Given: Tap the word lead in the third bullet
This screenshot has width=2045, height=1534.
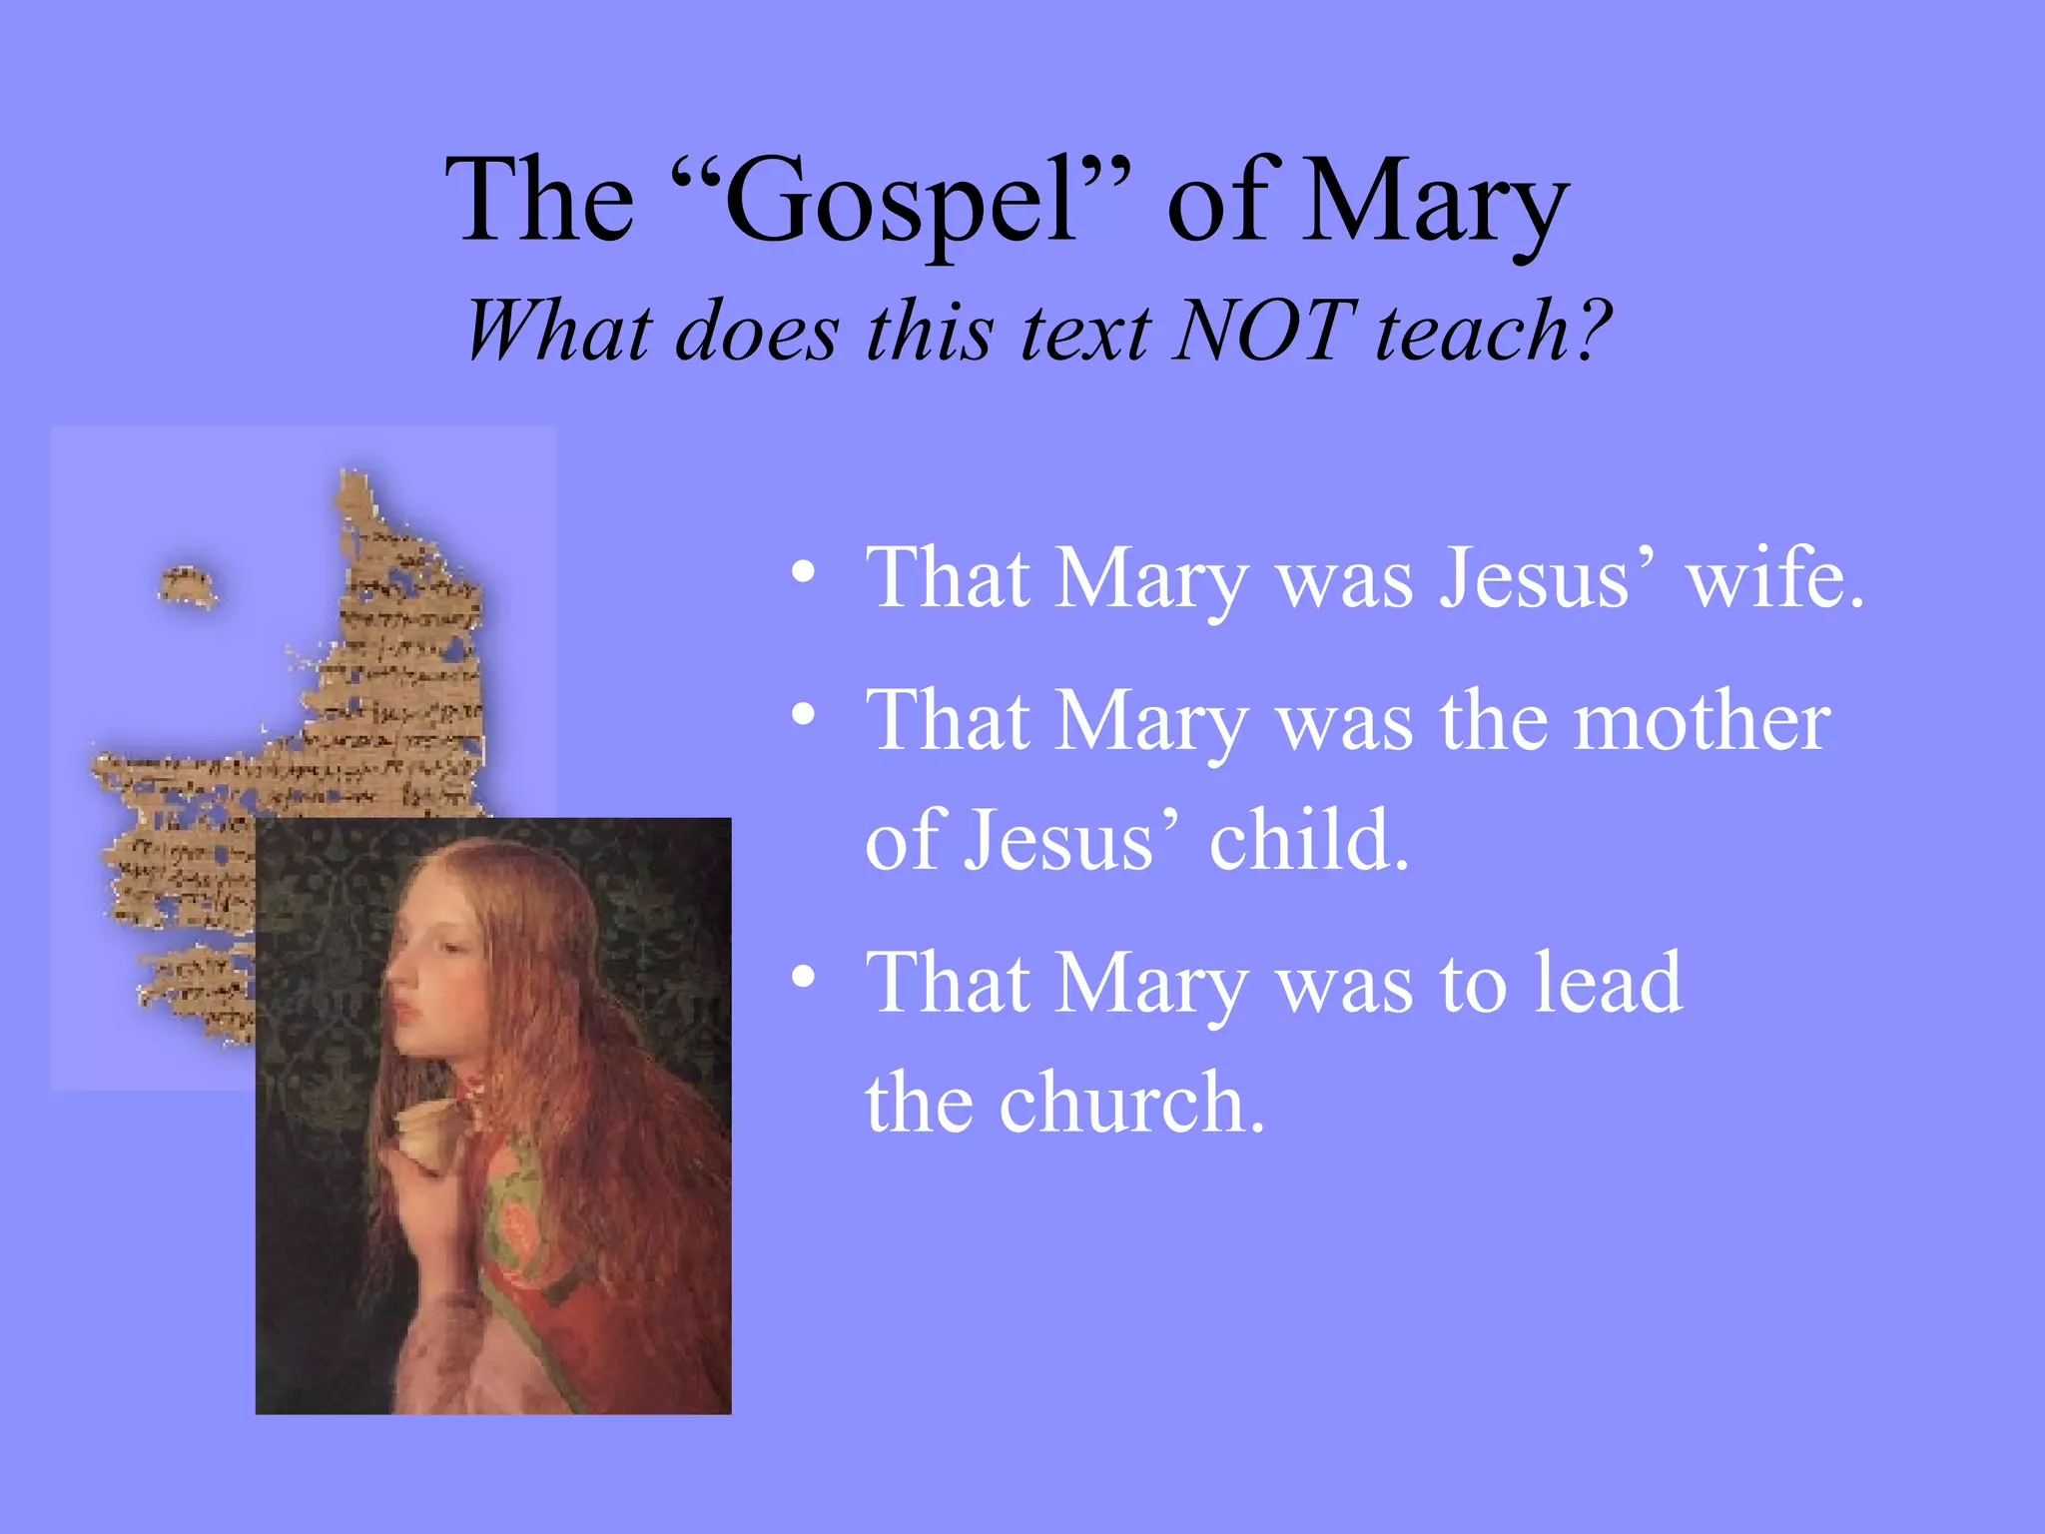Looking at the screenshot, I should pos(1608,984).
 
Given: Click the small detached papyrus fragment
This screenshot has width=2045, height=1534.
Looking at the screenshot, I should pos(187,585).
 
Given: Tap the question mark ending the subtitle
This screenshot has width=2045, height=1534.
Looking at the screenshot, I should pos(1588,331).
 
